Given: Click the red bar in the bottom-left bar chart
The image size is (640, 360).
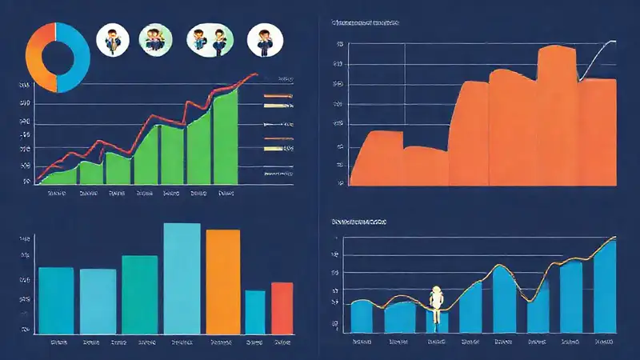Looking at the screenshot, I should point(282,307).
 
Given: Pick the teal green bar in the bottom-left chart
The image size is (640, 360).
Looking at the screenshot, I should point(139,294).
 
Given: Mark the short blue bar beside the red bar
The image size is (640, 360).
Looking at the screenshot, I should point(254,311).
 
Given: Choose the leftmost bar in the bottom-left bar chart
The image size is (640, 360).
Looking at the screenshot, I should point(56,300).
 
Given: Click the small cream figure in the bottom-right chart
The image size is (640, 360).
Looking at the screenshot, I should point(437,304).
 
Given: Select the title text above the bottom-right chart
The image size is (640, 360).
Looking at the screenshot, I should point(358,219).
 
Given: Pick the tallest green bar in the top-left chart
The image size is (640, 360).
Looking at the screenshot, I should point(226,136).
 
